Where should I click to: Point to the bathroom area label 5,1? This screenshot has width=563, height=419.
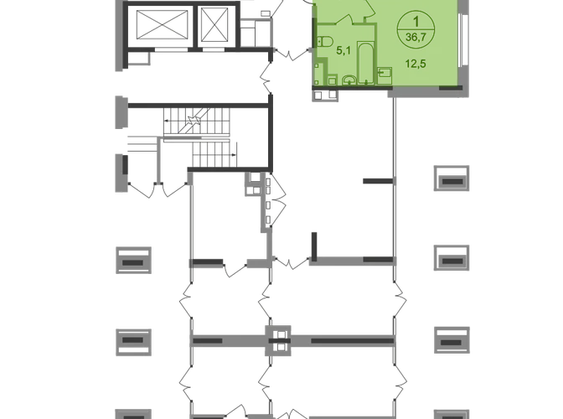click(x=343, y=50)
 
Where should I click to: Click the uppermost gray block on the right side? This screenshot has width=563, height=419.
click(x=452, y=178)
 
